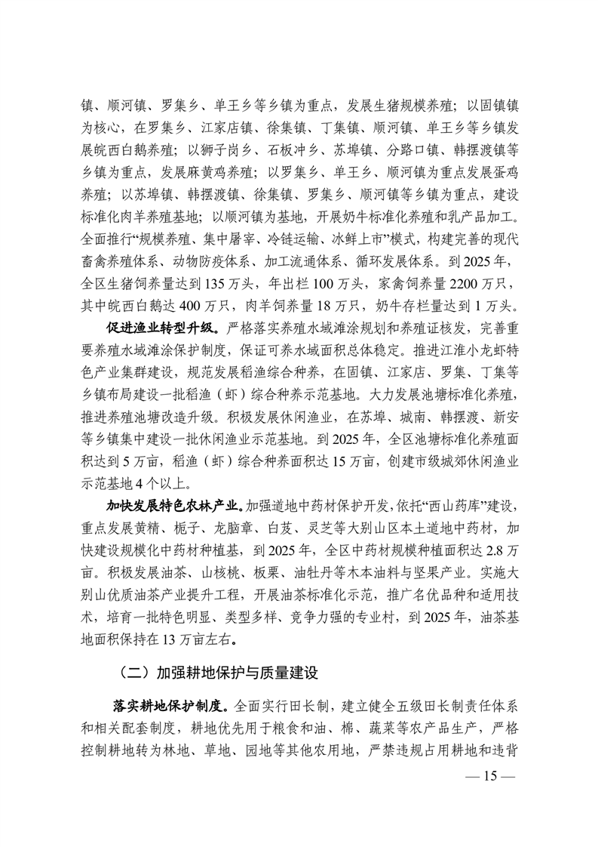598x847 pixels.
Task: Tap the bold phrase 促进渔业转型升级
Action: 155,330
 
